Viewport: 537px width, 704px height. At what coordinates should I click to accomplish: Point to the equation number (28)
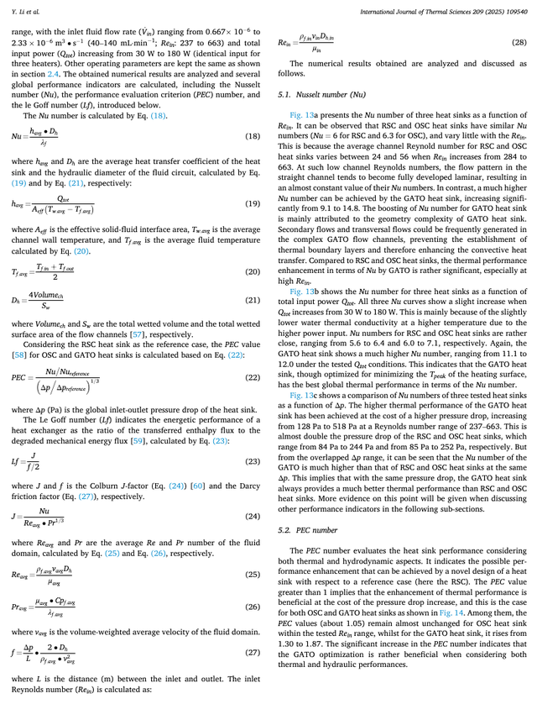[x=518, y=42]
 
